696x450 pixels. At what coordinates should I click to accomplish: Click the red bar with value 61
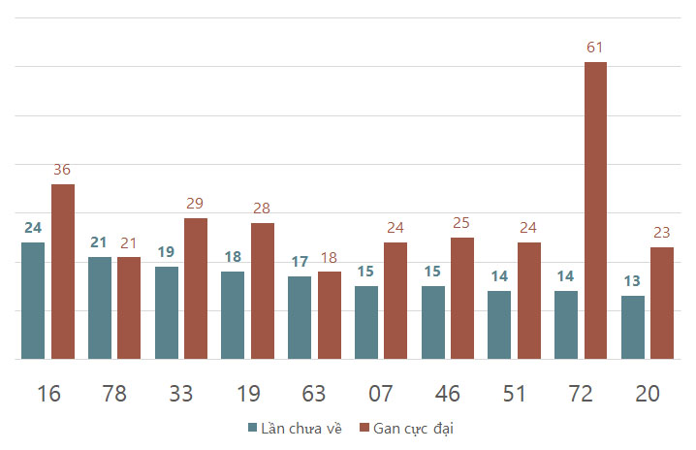595,210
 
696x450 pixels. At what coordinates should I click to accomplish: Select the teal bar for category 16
33,301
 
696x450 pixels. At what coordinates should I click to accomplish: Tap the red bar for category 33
196,288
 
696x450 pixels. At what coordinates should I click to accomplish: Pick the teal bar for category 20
633,328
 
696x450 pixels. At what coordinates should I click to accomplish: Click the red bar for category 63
330,315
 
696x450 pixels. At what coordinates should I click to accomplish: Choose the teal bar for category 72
566,325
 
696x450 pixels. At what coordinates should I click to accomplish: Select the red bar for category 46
462,298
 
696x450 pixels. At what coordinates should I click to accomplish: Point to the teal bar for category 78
100,307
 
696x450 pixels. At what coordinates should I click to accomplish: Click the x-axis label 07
380,394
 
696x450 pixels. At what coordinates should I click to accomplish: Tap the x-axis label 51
514,394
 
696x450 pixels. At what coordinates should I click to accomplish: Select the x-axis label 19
248,394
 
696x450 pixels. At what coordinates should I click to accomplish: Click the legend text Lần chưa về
301,429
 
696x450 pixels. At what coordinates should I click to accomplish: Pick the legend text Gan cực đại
413,429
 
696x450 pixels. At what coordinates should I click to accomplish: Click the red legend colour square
364,428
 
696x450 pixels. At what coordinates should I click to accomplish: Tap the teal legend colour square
253,428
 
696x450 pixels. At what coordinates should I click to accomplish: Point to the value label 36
62,170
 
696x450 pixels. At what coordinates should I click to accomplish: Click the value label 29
195,203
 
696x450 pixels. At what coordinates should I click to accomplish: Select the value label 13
632,280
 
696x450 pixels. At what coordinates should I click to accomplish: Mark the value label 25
461,222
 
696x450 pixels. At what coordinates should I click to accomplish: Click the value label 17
300,261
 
